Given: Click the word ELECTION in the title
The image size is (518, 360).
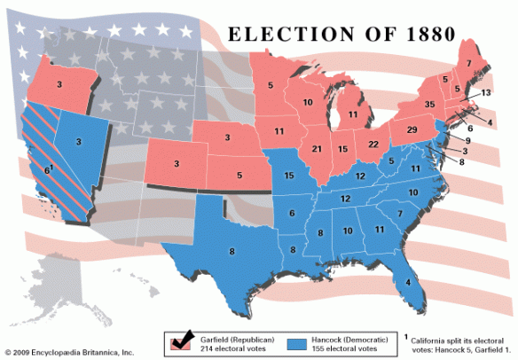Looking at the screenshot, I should pyautogui.click(x=286, y=35).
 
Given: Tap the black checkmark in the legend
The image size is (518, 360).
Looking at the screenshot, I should pyautogui.click(x=184, y=339).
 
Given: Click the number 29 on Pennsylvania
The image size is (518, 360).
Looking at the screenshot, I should pyautogui.click(x=412, y=130).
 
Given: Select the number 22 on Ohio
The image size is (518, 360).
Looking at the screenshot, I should pyautogui.click(x=373, y=145).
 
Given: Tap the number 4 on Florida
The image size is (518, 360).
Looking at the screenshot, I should pyautogui.click(x=407, y=283).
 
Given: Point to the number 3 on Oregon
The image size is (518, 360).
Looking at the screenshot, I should pyautogui.click(x=59, y=84).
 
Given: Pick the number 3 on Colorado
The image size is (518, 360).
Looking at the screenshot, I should pyautogui.click(x=176, y=164).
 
